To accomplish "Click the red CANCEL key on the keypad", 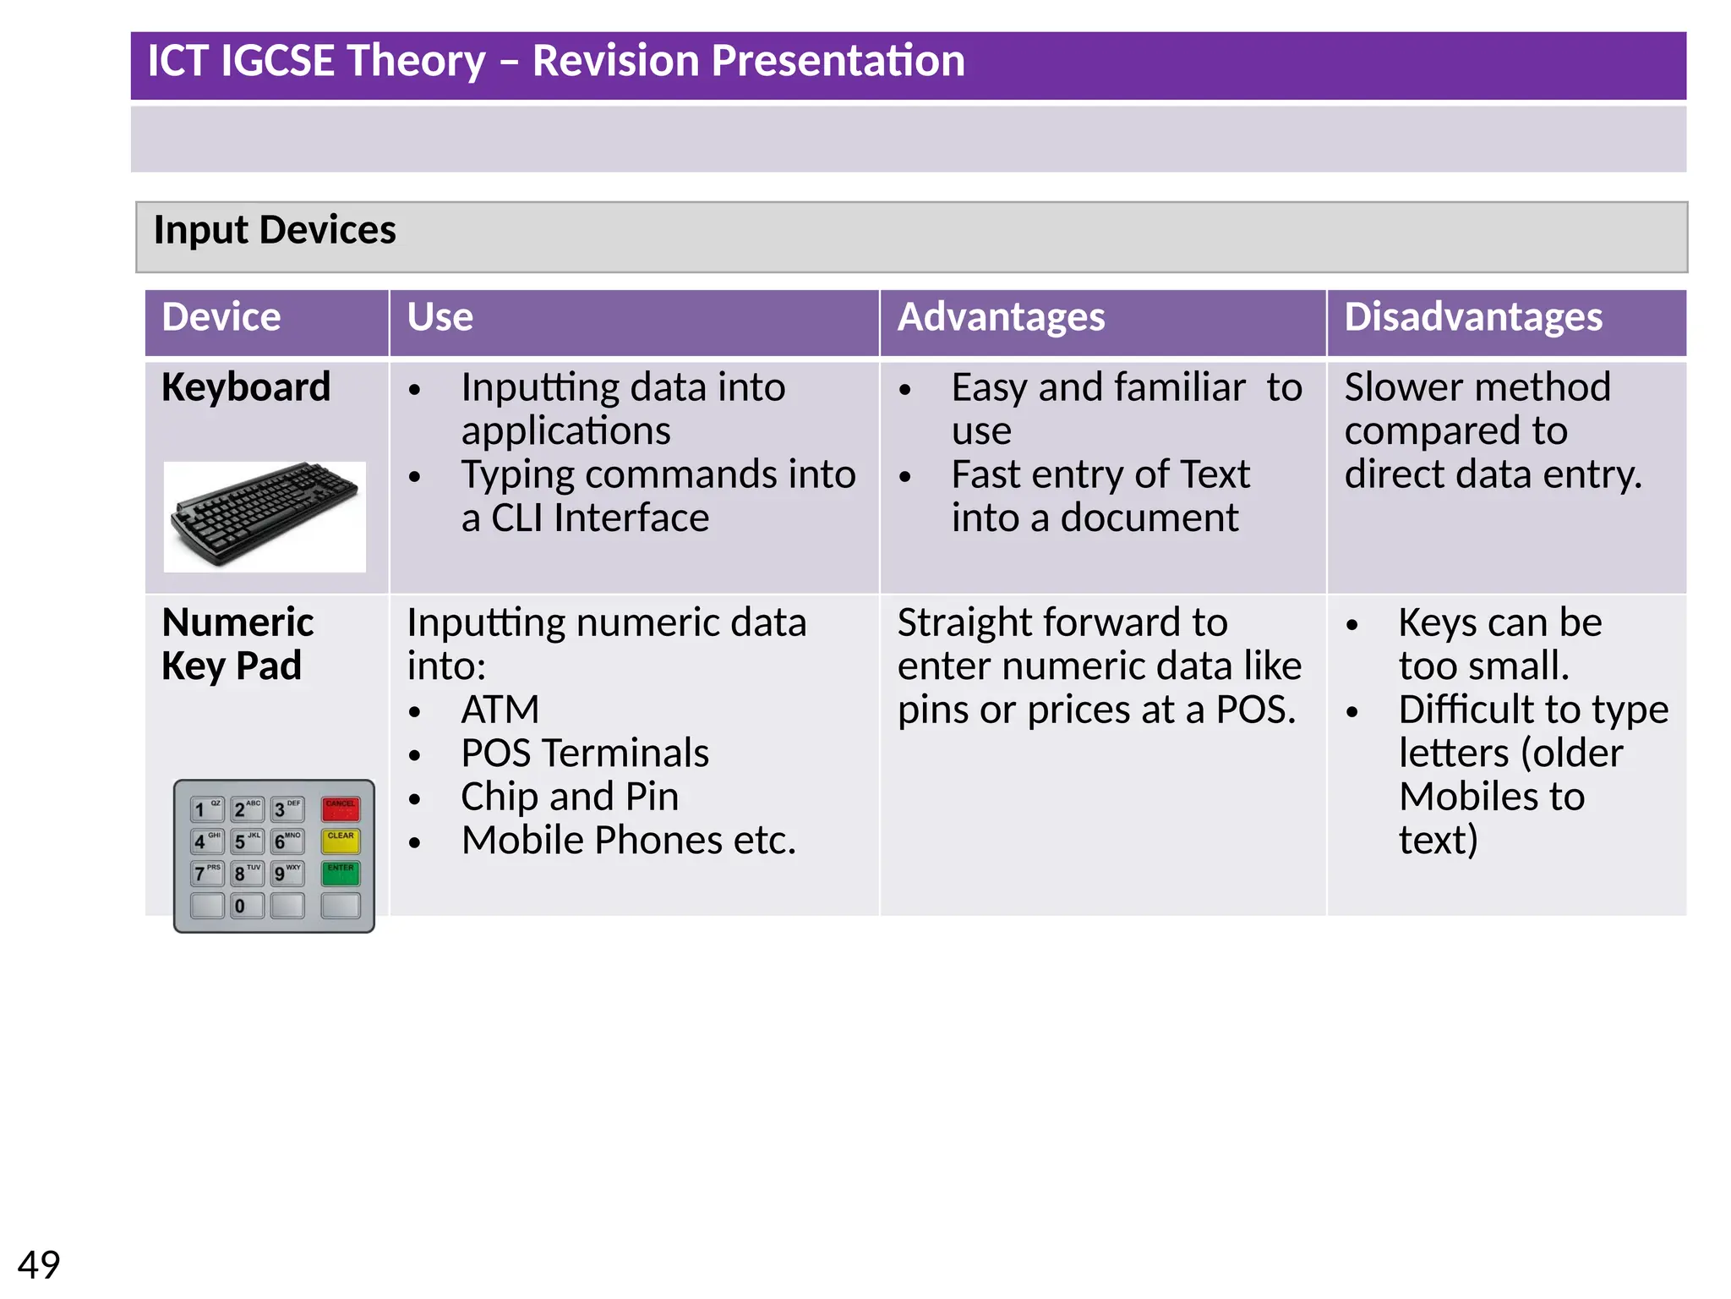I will [x=341, y=809].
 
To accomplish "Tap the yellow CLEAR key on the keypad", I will [x=341, y=841].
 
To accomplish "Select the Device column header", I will [x=221, y=317].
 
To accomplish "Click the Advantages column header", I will [x=1001, y=317].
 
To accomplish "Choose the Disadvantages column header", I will [x=1472, y=317].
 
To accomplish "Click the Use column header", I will [x=440, y=317].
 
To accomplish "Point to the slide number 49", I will [x=39, y=1265].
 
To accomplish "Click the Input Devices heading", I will [x=275, y=230].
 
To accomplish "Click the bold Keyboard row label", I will [x=246, y=387].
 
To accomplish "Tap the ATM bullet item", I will [x=500, y=710].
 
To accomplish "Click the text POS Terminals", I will [x=584, y=753].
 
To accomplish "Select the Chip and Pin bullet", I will [x=569, y=797].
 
